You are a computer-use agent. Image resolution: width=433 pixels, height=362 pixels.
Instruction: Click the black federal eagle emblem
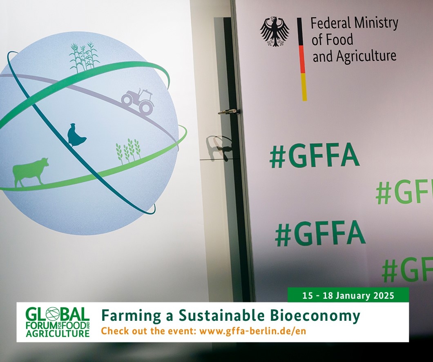click(x=275, y=31)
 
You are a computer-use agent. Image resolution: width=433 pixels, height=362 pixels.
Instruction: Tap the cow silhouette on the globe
click(x=30, y=173)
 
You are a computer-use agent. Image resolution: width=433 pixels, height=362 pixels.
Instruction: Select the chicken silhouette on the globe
click(x=76, y=135)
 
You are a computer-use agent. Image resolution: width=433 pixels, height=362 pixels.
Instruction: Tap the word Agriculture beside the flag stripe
click(x=366, y=56)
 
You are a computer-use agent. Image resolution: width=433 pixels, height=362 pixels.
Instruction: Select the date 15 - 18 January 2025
click(x=348, y=296)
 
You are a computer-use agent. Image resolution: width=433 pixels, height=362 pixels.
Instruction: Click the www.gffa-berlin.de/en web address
click(x=253, y=331)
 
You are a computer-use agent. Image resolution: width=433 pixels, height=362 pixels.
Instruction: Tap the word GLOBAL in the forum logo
click(x=58, y=314)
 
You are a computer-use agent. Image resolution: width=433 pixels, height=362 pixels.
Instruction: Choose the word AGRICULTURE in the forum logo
click(x=58, y=333)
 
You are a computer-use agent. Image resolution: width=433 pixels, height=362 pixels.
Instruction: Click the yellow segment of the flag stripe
click(x=304, y=87)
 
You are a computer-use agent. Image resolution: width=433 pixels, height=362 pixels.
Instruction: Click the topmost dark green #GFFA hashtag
click(x=315, y=155)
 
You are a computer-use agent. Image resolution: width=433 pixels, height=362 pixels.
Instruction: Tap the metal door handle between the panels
click(x=228, y=111)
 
